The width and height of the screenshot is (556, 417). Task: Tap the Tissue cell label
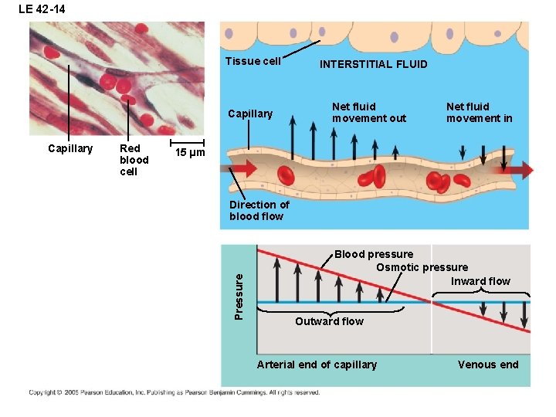click(x=253, y=62)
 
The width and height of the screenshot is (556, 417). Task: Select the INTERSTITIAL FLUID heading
click(x=373, y=64)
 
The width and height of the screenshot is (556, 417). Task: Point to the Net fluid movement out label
click(x=368, y=113)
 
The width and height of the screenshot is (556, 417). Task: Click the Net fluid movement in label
click(x=479, y=113)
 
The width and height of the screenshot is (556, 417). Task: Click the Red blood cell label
click(x=130, y=160)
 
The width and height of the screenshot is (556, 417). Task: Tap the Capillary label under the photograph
click(x=70, y=148)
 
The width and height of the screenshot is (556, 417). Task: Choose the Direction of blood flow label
click(x=259, y=210)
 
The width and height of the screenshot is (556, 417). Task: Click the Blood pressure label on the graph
click(x=373, y=254)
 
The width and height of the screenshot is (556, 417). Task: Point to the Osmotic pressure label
click(x=422, y=267)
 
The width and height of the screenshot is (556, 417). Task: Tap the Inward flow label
click(x=480, y=281)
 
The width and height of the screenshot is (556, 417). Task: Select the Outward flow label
click(x=329, y=321)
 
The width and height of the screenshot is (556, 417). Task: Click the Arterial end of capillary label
click(x=317, y=364)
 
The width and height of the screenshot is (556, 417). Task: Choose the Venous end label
click(x=488, y=364)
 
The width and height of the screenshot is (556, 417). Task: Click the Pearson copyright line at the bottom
click(x=174, y=392)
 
